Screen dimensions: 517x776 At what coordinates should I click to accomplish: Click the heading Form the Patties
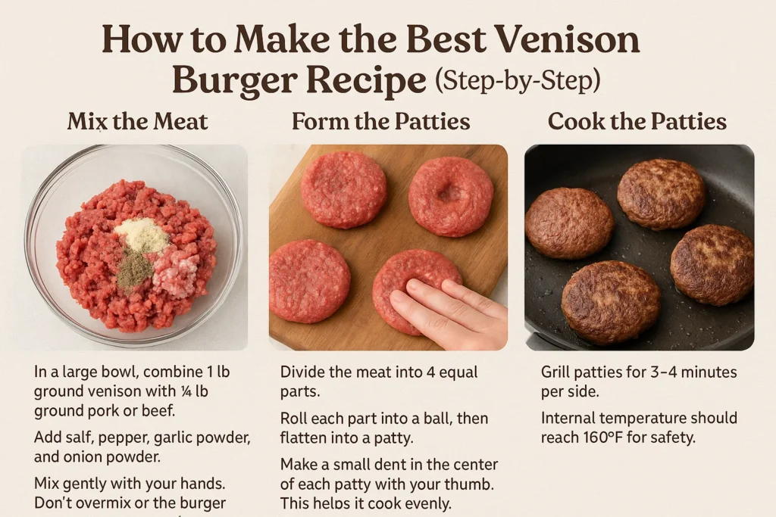click(x=381, y=122)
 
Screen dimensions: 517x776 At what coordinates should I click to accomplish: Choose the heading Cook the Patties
click(x=637, y=122)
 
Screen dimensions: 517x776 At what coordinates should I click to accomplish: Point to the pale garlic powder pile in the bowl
click(x=141, y=235)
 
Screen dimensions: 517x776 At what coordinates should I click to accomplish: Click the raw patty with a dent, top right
click(x=450, y=195)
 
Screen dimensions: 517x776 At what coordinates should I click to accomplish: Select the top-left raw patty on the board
click(x=343, y=188)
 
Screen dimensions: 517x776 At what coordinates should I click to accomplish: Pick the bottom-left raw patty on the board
click(x=309, y=281)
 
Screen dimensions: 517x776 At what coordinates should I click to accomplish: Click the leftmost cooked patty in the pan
click(x=569, y=223)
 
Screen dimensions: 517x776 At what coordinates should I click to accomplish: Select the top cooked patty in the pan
click(x=661, y=194)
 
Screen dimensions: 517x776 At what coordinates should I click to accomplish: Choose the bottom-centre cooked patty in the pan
click(x=610, y=301)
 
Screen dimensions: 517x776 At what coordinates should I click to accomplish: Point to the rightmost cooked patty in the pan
click(x=712, y=264)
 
